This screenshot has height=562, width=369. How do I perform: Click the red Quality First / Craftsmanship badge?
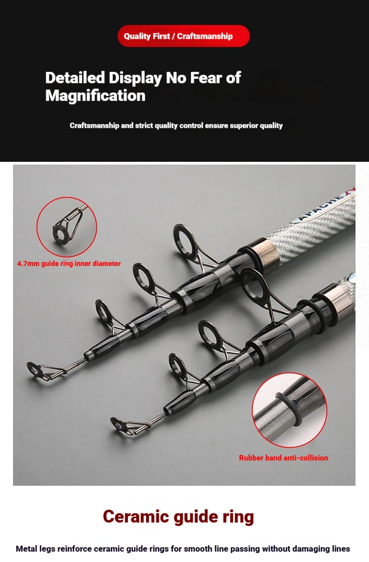184,36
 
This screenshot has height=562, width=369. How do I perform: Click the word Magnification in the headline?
95,96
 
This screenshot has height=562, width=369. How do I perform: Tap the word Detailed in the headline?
75,78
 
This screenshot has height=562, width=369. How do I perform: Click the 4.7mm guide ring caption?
69,264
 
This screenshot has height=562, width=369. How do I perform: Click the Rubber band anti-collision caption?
283,458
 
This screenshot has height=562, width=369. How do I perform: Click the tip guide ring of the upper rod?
36,370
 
